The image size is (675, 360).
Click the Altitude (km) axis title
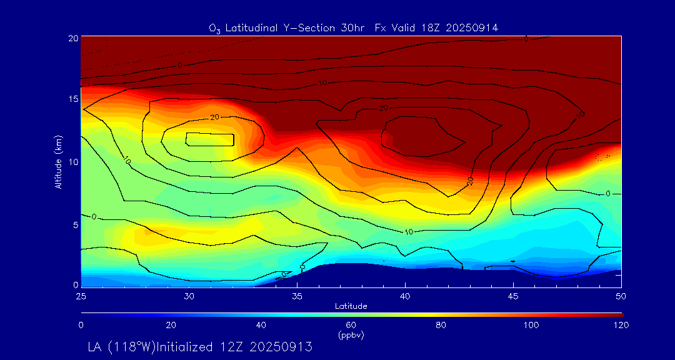coord(58,161)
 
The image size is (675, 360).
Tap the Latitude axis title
coord(351,306)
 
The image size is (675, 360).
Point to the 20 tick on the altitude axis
coord(72,37)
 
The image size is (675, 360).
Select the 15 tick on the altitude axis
coord(72,99)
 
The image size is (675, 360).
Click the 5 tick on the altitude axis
coord(74,224)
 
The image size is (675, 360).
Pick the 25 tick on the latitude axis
coord(81,295)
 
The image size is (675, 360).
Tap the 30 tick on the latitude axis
coord(189,295)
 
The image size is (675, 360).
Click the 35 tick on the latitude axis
coord(297,295)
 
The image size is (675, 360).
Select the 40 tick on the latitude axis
coord(405,295)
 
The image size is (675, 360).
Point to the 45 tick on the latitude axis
coord(513,295)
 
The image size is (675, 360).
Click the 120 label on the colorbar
coord(621,325)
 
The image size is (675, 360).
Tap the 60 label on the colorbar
coord(351,325)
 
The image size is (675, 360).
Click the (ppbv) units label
coord(351,335)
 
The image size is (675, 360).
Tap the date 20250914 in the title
coord(470,27)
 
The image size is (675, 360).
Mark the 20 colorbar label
coord(171,325)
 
